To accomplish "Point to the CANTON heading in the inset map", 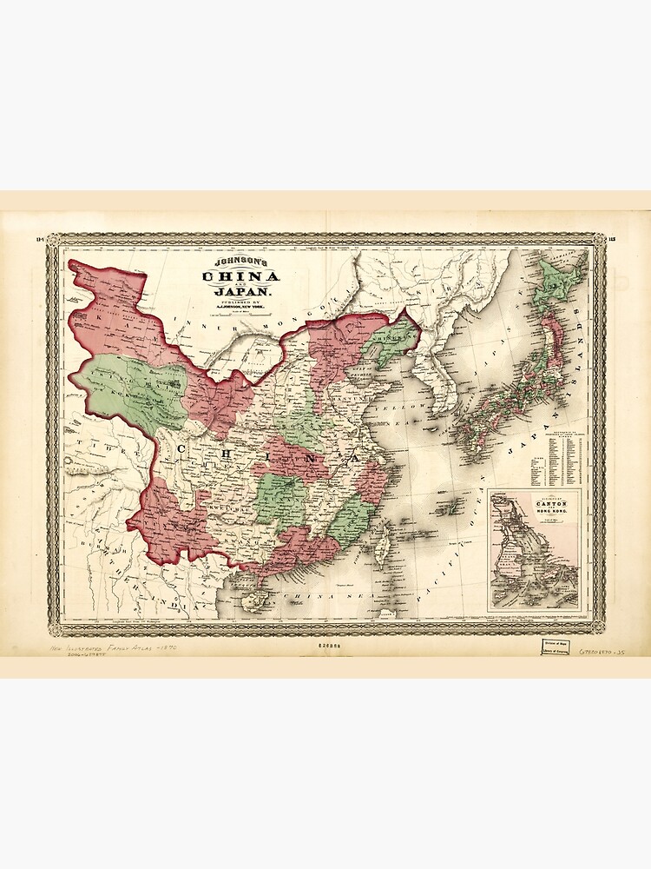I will click(532, 501).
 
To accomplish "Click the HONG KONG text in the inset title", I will click(532, 512).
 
